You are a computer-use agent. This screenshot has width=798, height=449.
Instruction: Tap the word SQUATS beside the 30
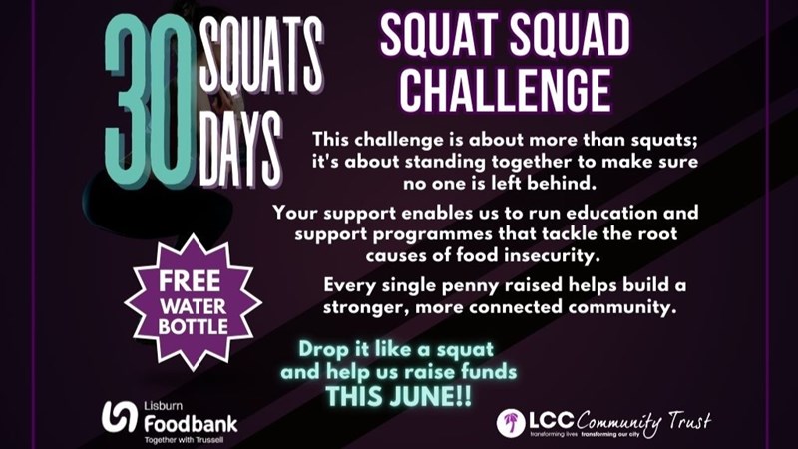261,55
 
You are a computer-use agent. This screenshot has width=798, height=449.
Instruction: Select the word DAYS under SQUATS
240,149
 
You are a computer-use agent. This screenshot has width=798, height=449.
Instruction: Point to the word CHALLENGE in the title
506,91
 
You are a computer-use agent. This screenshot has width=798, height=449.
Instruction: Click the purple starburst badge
193,302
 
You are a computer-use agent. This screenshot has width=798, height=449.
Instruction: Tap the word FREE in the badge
190,281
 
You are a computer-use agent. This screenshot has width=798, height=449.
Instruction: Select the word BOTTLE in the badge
193,326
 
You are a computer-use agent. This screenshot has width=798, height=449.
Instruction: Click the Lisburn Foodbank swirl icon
119,417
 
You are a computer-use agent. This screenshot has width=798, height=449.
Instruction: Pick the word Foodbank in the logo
191,423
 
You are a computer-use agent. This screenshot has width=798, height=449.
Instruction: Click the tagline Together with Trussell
184,440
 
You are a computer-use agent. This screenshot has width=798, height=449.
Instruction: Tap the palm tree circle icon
511,423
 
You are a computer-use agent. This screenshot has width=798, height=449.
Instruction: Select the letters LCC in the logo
552,420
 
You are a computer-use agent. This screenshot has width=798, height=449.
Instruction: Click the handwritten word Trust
689,421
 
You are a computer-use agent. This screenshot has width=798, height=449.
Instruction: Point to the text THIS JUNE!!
398,396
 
